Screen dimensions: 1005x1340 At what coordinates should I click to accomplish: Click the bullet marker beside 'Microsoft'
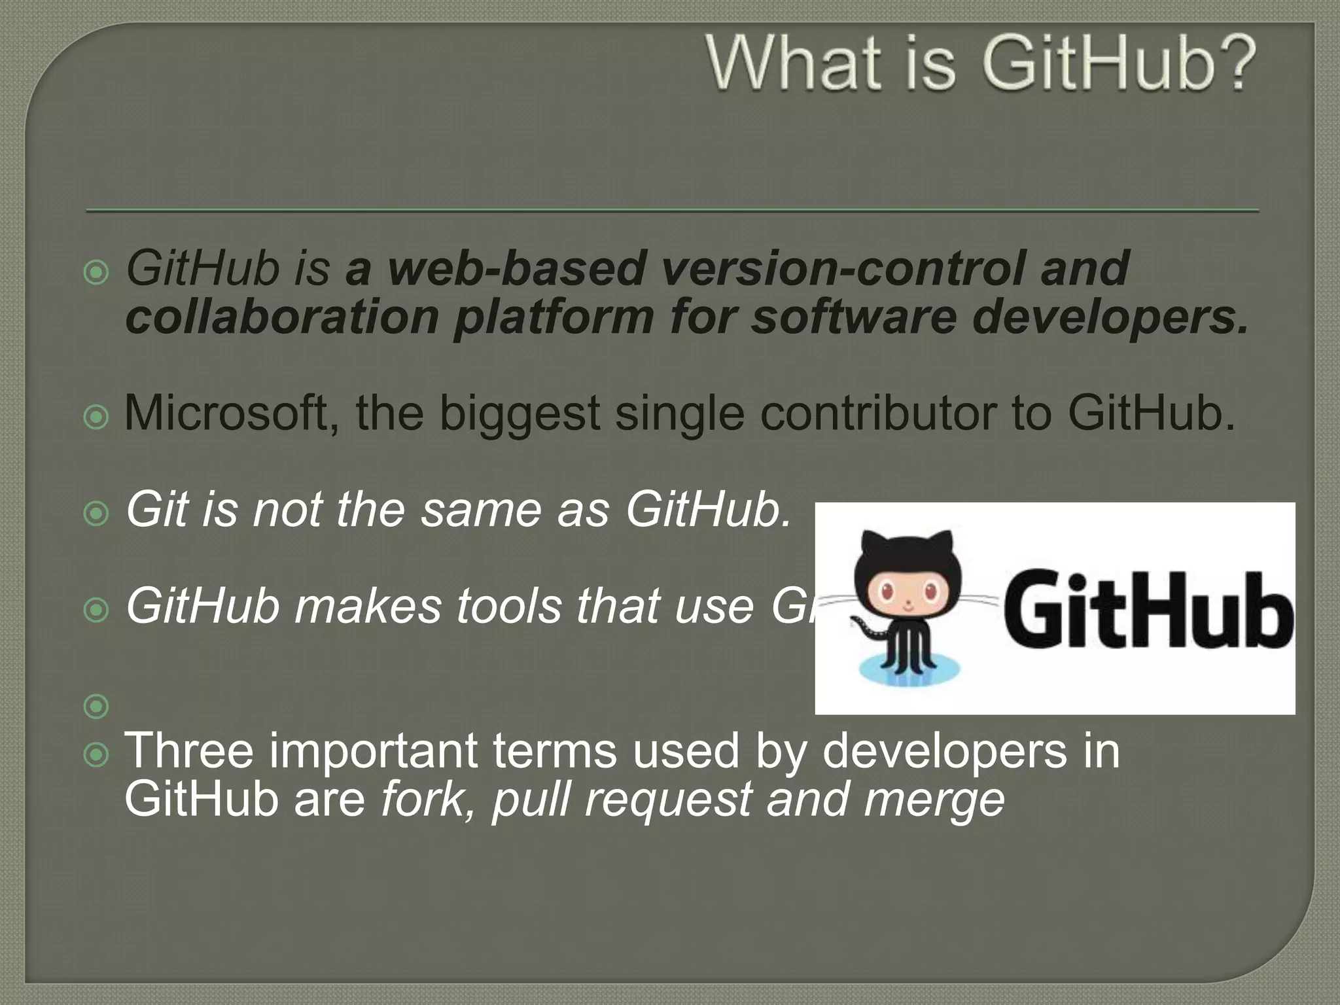point(97,417)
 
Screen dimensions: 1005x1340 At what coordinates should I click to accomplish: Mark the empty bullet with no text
point(97,706)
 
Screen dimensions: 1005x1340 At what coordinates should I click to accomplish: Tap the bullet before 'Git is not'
point(97,514)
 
